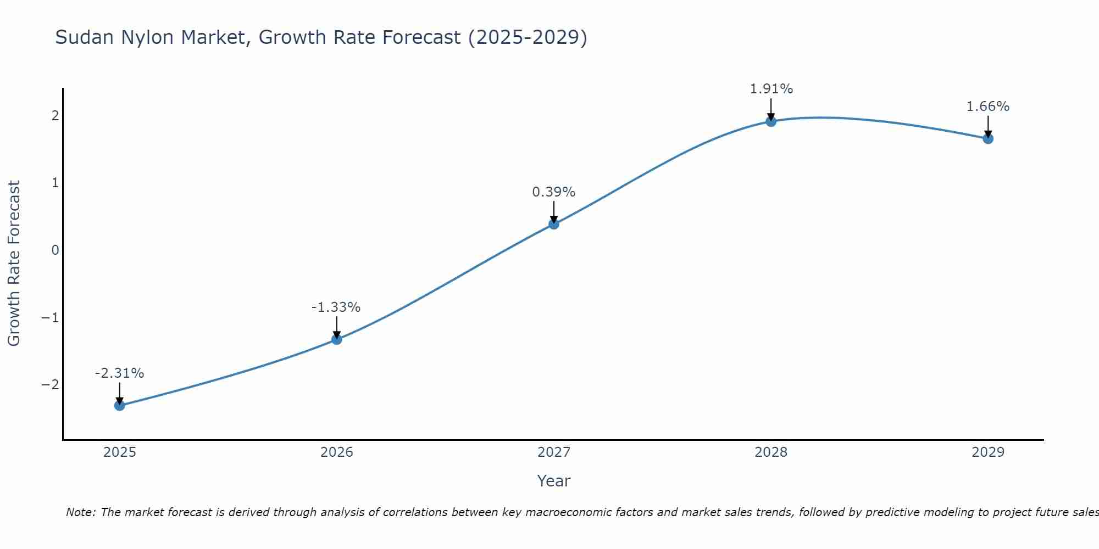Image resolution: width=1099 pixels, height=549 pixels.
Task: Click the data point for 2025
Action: (120, 406)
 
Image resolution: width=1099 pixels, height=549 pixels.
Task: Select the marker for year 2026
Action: (337, 339)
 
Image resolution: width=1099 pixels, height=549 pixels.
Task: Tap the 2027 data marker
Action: (554, 224)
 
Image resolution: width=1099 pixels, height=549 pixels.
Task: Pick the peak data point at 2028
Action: (771, 121)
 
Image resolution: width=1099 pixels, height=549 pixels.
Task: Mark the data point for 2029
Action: (988, 139)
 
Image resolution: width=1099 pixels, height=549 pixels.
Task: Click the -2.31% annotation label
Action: (119, 373)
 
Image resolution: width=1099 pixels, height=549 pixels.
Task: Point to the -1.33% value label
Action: (336, 307)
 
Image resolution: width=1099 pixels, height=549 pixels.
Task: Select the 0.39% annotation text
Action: (553, 192)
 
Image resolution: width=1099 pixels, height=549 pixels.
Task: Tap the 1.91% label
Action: (771, 89)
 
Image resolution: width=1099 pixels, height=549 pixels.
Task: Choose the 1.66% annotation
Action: (987, 107)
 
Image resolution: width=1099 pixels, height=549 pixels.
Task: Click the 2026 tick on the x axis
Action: (337, 452)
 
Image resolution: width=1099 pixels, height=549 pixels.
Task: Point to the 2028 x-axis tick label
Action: (771, 452)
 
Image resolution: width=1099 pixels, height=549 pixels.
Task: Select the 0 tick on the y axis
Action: (55, 250)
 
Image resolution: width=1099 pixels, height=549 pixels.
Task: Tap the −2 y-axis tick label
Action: (50, 385)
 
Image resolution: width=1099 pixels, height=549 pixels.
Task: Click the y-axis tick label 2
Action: (55, 116)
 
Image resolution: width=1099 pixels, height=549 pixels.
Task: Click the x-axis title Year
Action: (553, 481)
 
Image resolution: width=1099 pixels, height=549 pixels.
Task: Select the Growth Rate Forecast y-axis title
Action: (14, 263)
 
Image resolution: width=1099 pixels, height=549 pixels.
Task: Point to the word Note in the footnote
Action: (81, 512)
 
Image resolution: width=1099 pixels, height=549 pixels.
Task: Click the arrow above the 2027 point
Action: (554, 211)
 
